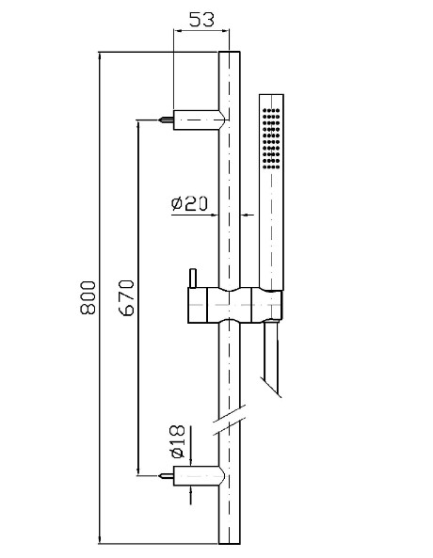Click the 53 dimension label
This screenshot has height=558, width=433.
(201, 20)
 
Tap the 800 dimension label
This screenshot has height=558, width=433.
(88, 297)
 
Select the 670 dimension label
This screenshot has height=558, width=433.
(126, 297)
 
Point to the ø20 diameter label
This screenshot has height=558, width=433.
(189, 203)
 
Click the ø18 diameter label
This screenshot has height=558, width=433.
(178, 441)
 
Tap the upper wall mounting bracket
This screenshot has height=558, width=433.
(199, 120)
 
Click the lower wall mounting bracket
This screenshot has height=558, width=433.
(199, 475)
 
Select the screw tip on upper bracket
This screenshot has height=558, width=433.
(167, 120)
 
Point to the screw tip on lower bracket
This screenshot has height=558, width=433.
(167, 475)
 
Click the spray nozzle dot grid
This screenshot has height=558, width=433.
(271, 137)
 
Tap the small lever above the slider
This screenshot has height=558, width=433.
(193, 278)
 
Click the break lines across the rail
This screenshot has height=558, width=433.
(230, 420)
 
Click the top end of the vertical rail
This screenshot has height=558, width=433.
(230, 52)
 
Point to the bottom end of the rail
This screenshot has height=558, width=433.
(230, 543)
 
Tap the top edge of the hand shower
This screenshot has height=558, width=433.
(271, 95)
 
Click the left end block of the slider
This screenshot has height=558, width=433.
(198, 305)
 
